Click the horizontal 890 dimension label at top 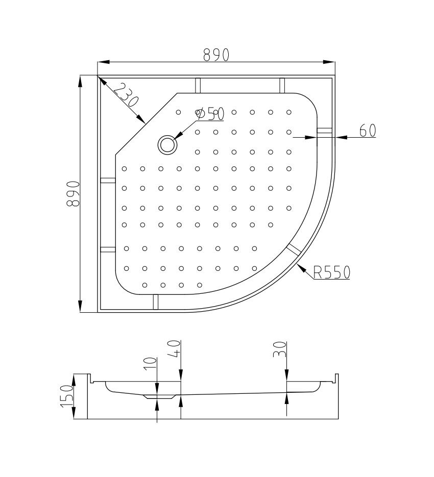click(216, 55)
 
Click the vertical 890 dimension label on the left click(73, 194)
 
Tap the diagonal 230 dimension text click(126, 95)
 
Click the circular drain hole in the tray click(167, 144)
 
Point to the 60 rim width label click(368, 131)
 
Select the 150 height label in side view click(67, 396)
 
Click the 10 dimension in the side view click(150, 364)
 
